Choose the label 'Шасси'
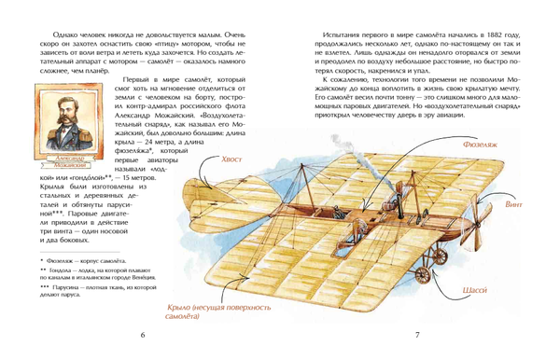(x=473, y=290)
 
